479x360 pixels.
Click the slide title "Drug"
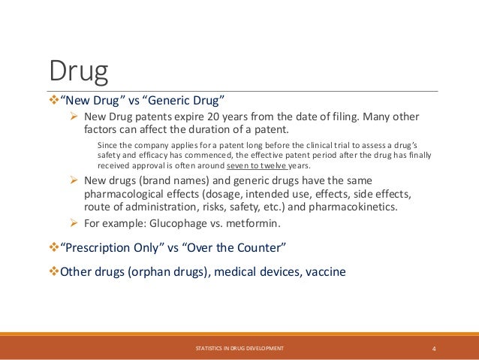[x=79, y=72]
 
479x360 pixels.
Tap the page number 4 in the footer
[x=435, y=349]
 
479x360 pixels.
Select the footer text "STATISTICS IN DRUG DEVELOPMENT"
[x=239, y=349]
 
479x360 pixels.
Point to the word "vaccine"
[x=325, y=271]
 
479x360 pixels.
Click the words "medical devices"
[x=252, y=271]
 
